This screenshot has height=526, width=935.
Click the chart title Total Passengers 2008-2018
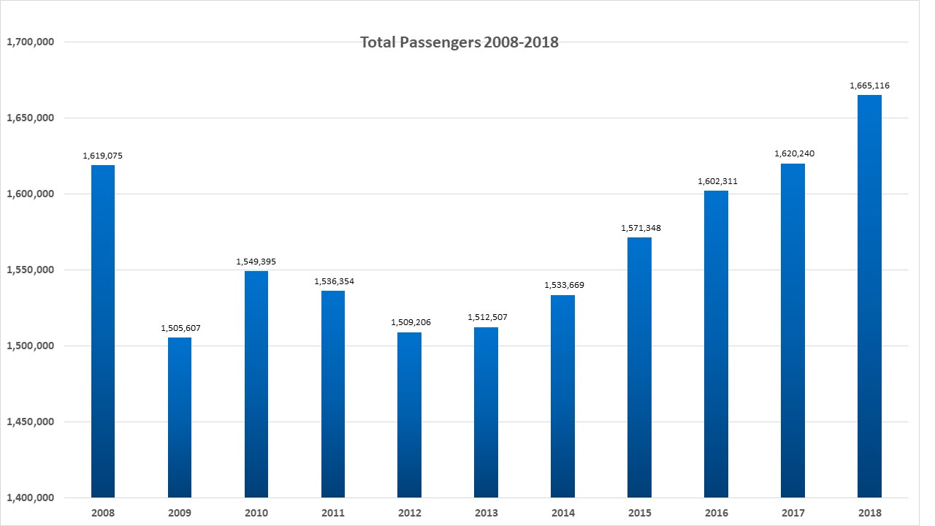(x=459, y=42)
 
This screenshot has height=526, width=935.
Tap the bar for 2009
(x=180, y=416)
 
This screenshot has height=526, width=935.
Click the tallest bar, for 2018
(x=869, y=296)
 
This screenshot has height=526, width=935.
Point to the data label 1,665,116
(x=869, y=86)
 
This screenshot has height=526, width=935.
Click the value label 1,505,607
(x=180, y=328)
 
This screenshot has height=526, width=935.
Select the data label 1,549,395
(x=256, y=262)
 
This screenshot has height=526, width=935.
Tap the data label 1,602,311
(x=717, y=181)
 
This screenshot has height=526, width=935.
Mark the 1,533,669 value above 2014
(x=564, y=285)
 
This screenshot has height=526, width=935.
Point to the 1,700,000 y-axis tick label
(x=30, y=42)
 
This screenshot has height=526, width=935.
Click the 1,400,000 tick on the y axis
(x=30, y=498)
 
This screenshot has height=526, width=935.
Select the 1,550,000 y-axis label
(x=30, y=270)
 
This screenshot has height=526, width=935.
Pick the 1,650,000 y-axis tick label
(x=30, y=118)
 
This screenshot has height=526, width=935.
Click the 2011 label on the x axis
(x=333, y=514)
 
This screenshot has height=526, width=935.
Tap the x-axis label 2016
(x=717, y=514)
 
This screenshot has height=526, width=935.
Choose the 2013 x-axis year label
(x=486, y=514)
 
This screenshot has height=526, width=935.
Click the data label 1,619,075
(x=103, y=156)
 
